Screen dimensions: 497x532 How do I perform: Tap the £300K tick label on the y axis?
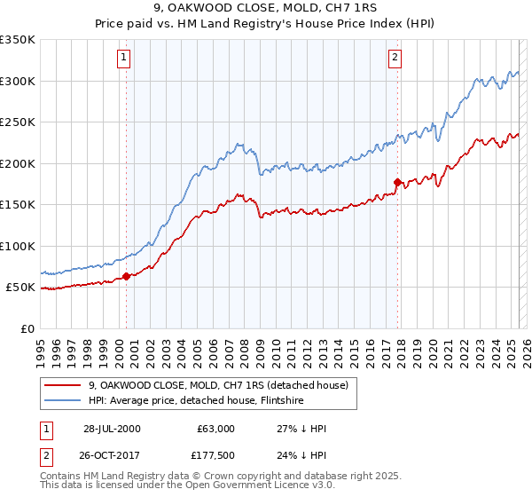[x=18, y=81]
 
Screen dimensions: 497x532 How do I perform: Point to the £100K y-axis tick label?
[x=18, y=246]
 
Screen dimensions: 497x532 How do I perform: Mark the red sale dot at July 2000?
[x=127, y=276]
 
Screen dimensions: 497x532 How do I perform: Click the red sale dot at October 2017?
[x=397, y=182]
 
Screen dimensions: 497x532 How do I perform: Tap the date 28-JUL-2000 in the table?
[x=112, y=429]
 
